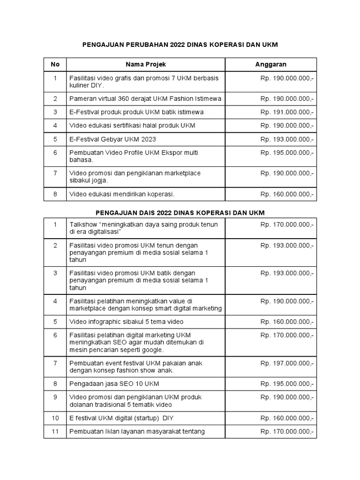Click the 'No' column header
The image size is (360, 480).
pyautogui.click(x=55, y=64)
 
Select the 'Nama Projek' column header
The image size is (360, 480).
pyautogui.click(x=145, y=64)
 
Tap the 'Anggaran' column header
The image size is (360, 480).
pyautogui.click(x=270, y=64)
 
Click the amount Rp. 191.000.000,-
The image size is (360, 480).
pyautogui.click(x=287, y=112)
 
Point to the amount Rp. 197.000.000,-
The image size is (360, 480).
pyautogui.click(x=287, y=363)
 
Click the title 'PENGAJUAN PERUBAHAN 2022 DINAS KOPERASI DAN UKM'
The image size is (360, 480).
pyautogui.click(x=180, y=45)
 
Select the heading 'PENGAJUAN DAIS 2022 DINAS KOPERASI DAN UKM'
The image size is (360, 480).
pyautogui.click(x=180, y=213)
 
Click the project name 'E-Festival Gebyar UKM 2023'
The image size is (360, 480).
pyautogui.click(x=112, y=139)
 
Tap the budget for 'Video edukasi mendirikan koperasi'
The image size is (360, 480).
pyautogui.click(x=287, y=194)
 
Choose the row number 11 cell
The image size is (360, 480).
pyautogui.click(x=55, y=432)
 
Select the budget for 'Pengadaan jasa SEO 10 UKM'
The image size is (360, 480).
pyautogui.click(x=287, y=384)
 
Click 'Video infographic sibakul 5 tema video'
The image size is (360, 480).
pyautogui.click(x=126, y=322)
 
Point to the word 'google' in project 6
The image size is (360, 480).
pyautogui.click(x=152, y=350)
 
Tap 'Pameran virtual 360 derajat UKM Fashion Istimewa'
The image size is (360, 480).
pyautogui.click(x=145, y=99)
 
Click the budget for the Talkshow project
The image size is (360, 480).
pyautogui.click(x=287, y=225)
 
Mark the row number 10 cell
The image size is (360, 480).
pyautogui.click(x=55, y=418)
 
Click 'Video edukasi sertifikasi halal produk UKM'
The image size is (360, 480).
pyautogui.click(x=132, y=126)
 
